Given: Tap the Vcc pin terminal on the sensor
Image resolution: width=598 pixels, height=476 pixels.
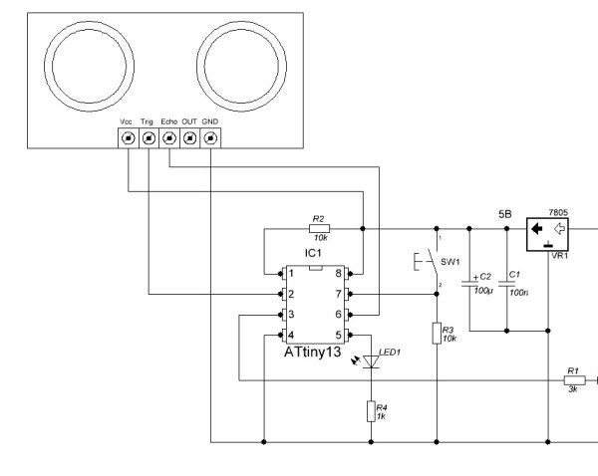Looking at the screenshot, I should tap(128, 139).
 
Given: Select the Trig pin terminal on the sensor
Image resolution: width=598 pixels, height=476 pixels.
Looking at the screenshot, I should tap(148, 139).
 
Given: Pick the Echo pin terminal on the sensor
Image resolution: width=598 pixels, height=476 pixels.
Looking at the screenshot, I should tap(168, 139).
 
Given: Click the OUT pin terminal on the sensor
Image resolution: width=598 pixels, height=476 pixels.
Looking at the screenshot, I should tap(189, 139).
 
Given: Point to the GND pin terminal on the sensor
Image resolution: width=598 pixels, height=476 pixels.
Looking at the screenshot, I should tap(210, 139).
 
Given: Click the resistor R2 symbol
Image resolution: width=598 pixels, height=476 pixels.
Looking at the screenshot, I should tap(318, 228).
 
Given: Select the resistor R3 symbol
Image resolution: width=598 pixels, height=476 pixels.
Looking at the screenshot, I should tap(437, 333).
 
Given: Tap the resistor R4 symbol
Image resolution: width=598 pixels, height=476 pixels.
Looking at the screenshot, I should tap(371, 410).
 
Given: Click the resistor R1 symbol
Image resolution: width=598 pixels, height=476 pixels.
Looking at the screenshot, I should tap(572, 379).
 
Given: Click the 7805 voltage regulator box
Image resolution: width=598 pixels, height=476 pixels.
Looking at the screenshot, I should tap(547, 232).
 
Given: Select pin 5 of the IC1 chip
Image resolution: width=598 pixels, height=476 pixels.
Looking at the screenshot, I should tap(341, 335).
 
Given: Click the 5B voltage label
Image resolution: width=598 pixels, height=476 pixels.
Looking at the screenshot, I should tap(505, 213).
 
